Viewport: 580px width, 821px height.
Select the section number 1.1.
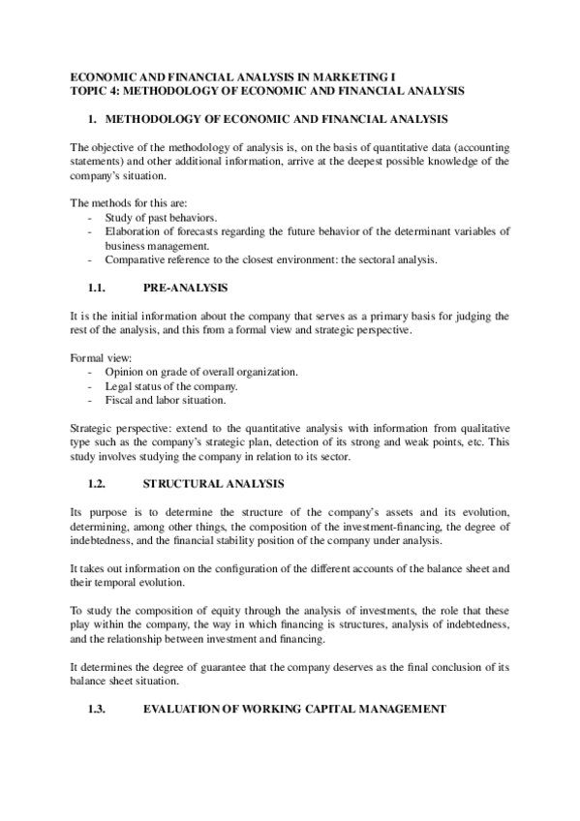[x=99, y=289]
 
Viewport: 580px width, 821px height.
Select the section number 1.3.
[x=99, y=709]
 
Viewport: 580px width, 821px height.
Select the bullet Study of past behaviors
[x=161, y=218]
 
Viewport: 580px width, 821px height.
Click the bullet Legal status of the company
[x=171, y=386]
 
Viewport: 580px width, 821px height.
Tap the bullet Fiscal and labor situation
[x=166, y=400]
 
